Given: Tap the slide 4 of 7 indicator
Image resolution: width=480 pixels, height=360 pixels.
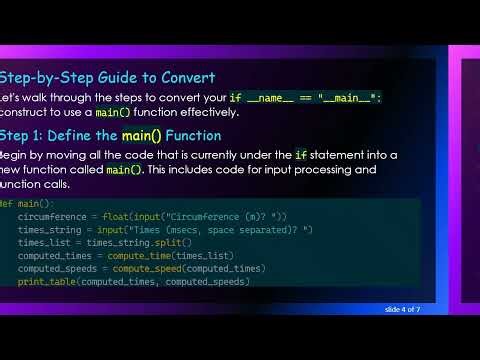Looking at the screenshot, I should [x=405, y=309].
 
